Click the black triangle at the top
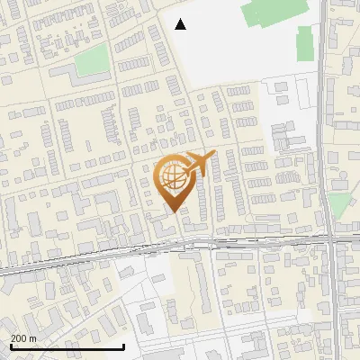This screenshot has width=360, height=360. click(181, 24)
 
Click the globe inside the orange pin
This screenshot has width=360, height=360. click(171, 176)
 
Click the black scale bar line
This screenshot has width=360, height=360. click(67, 347)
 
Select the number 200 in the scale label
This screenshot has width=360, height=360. click(20, 338)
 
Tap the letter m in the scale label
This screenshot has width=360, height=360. click(33, 338)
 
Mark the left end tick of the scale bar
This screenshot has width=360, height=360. click(11, 346)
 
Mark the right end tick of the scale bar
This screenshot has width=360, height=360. click(123, 346)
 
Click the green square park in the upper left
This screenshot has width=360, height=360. click(91, 60)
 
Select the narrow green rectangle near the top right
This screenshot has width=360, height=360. click(305, 43)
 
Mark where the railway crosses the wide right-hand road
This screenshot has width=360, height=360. click(331, 238)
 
